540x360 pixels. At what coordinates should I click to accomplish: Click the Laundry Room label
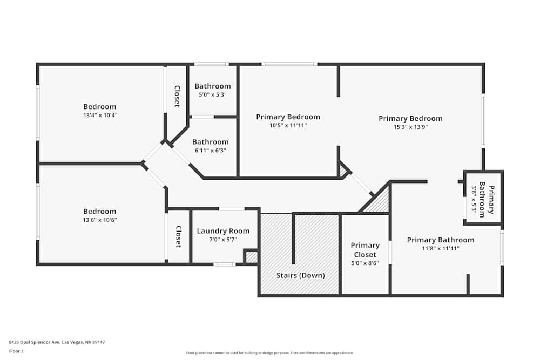pos(223,231)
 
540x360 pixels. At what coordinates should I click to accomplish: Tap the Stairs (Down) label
pos(300,275)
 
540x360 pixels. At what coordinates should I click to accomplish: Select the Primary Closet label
pos(365,250)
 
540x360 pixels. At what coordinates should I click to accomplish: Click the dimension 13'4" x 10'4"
pos(100,116)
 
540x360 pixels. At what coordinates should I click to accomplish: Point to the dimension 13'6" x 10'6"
pos(100,220)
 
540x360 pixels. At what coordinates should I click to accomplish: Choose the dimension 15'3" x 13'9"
pos(410,127)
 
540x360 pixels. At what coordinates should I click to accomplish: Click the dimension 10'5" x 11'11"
pos(288,125)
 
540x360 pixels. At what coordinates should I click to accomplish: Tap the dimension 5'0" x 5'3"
pos(212,94)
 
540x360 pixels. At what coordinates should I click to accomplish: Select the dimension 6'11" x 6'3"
pos(211,151)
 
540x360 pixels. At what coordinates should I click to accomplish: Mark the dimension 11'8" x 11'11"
pos(441,249)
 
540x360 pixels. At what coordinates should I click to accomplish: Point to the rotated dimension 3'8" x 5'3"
pos(475,201)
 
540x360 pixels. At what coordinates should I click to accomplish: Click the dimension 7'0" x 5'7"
pos(223,240)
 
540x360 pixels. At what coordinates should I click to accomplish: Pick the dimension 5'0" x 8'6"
pos(365,263)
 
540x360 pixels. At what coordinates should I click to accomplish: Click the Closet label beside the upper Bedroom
pos(177,96)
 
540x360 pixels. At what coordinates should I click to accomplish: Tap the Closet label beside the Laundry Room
pos(178,236)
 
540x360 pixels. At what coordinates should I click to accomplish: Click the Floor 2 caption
pos(16,351)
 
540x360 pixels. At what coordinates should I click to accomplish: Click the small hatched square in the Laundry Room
pos(251,257)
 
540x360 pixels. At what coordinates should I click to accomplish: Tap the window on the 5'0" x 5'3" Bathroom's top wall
pos(211,64)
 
